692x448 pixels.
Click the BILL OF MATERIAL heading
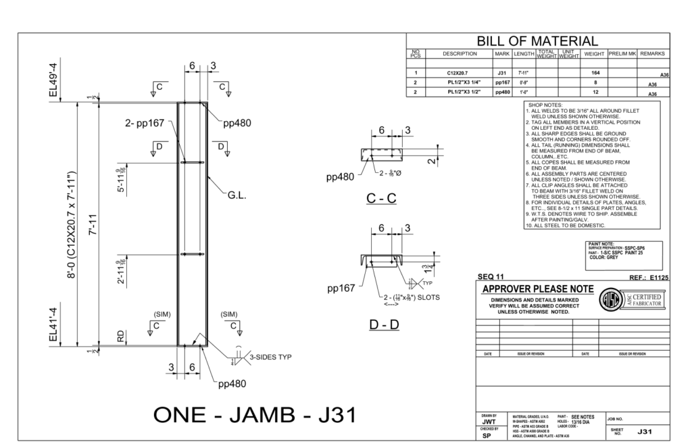538,41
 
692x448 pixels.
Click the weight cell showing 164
595,72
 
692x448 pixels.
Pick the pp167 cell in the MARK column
502,82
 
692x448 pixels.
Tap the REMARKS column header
653,54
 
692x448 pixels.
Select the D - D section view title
384,325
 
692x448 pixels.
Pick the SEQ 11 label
491,277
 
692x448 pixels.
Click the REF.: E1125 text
648,277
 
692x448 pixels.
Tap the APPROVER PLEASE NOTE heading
539,289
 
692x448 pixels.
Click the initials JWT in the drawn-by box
489,421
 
